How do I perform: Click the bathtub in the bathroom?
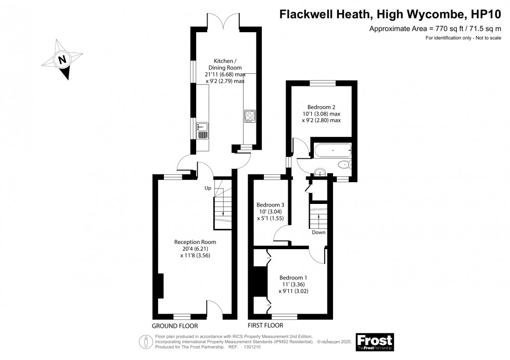[x=332, y=152]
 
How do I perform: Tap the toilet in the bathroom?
[x=345, y=165]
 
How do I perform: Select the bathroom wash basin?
[x=320, y=172]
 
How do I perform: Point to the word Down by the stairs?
[x=318, y=233]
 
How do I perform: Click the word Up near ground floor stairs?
[x=208, y=188]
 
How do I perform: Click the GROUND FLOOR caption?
[x=175, y=326]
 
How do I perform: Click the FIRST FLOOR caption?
[x=265, y=326]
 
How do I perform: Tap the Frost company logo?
[x=374, y=342]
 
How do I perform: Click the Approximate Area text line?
[x=435, y=29]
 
